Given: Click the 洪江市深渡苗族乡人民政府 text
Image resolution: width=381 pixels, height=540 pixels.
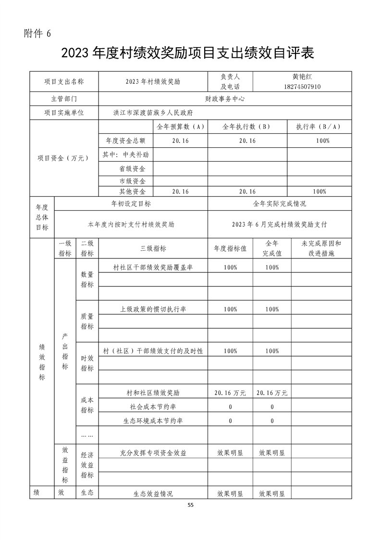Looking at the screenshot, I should [152, 113].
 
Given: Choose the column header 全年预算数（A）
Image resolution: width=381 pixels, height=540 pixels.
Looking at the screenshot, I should [181, 127].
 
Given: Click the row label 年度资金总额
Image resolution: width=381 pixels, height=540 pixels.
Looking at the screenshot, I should [125, 141].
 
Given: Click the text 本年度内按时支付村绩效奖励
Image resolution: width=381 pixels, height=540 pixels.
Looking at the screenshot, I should [131, 224].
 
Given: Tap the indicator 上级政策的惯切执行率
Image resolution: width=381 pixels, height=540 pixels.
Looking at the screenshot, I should [153, 309].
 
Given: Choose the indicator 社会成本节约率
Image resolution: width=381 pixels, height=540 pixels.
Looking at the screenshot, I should [153, 407].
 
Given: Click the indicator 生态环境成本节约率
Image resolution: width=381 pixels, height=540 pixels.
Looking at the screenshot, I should [153, 421].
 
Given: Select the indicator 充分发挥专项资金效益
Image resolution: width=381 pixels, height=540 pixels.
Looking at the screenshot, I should [153, 453].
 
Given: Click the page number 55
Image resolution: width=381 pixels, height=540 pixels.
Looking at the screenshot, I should [191, 505].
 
